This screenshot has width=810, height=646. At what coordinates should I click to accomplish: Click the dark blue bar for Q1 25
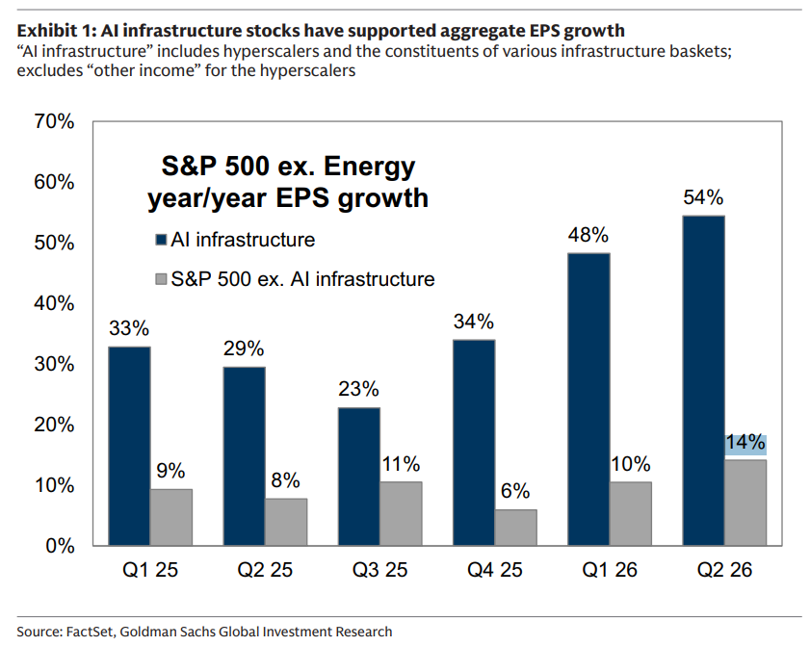point(129,446)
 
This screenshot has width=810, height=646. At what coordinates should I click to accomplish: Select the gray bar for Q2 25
point(286,522)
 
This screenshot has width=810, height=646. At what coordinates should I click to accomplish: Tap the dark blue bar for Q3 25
point(359,477)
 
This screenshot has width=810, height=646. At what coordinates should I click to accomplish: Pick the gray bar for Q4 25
point(515,528)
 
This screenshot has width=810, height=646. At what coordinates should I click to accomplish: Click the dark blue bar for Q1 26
point(588,400)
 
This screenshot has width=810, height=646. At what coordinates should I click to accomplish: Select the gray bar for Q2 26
point(745,503)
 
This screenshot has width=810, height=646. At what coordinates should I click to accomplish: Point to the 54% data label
point(703,197)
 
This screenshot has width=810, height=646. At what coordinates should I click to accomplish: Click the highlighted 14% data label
point(745,443)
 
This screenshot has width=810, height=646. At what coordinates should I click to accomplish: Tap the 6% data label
point(515,491)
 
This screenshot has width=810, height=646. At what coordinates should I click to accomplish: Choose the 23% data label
point(358,389)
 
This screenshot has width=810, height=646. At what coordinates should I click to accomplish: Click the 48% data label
point(588,235)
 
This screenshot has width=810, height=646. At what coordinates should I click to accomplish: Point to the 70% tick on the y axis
point(54,122)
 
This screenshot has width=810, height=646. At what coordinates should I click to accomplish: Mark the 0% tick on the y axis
point(61,546)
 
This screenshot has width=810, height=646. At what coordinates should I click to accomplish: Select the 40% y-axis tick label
point(54,303)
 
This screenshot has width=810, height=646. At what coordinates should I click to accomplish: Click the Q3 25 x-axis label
point(379,570)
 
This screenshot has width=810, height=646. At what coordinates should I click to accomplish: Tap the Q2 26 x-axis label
point(724,570)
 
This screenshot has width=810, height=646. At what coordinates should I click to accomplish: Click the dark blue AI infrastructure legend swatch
point(161,240)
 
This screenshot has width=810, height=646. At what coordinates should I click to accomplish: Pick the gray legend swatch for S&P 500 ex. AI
point(161,279)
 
